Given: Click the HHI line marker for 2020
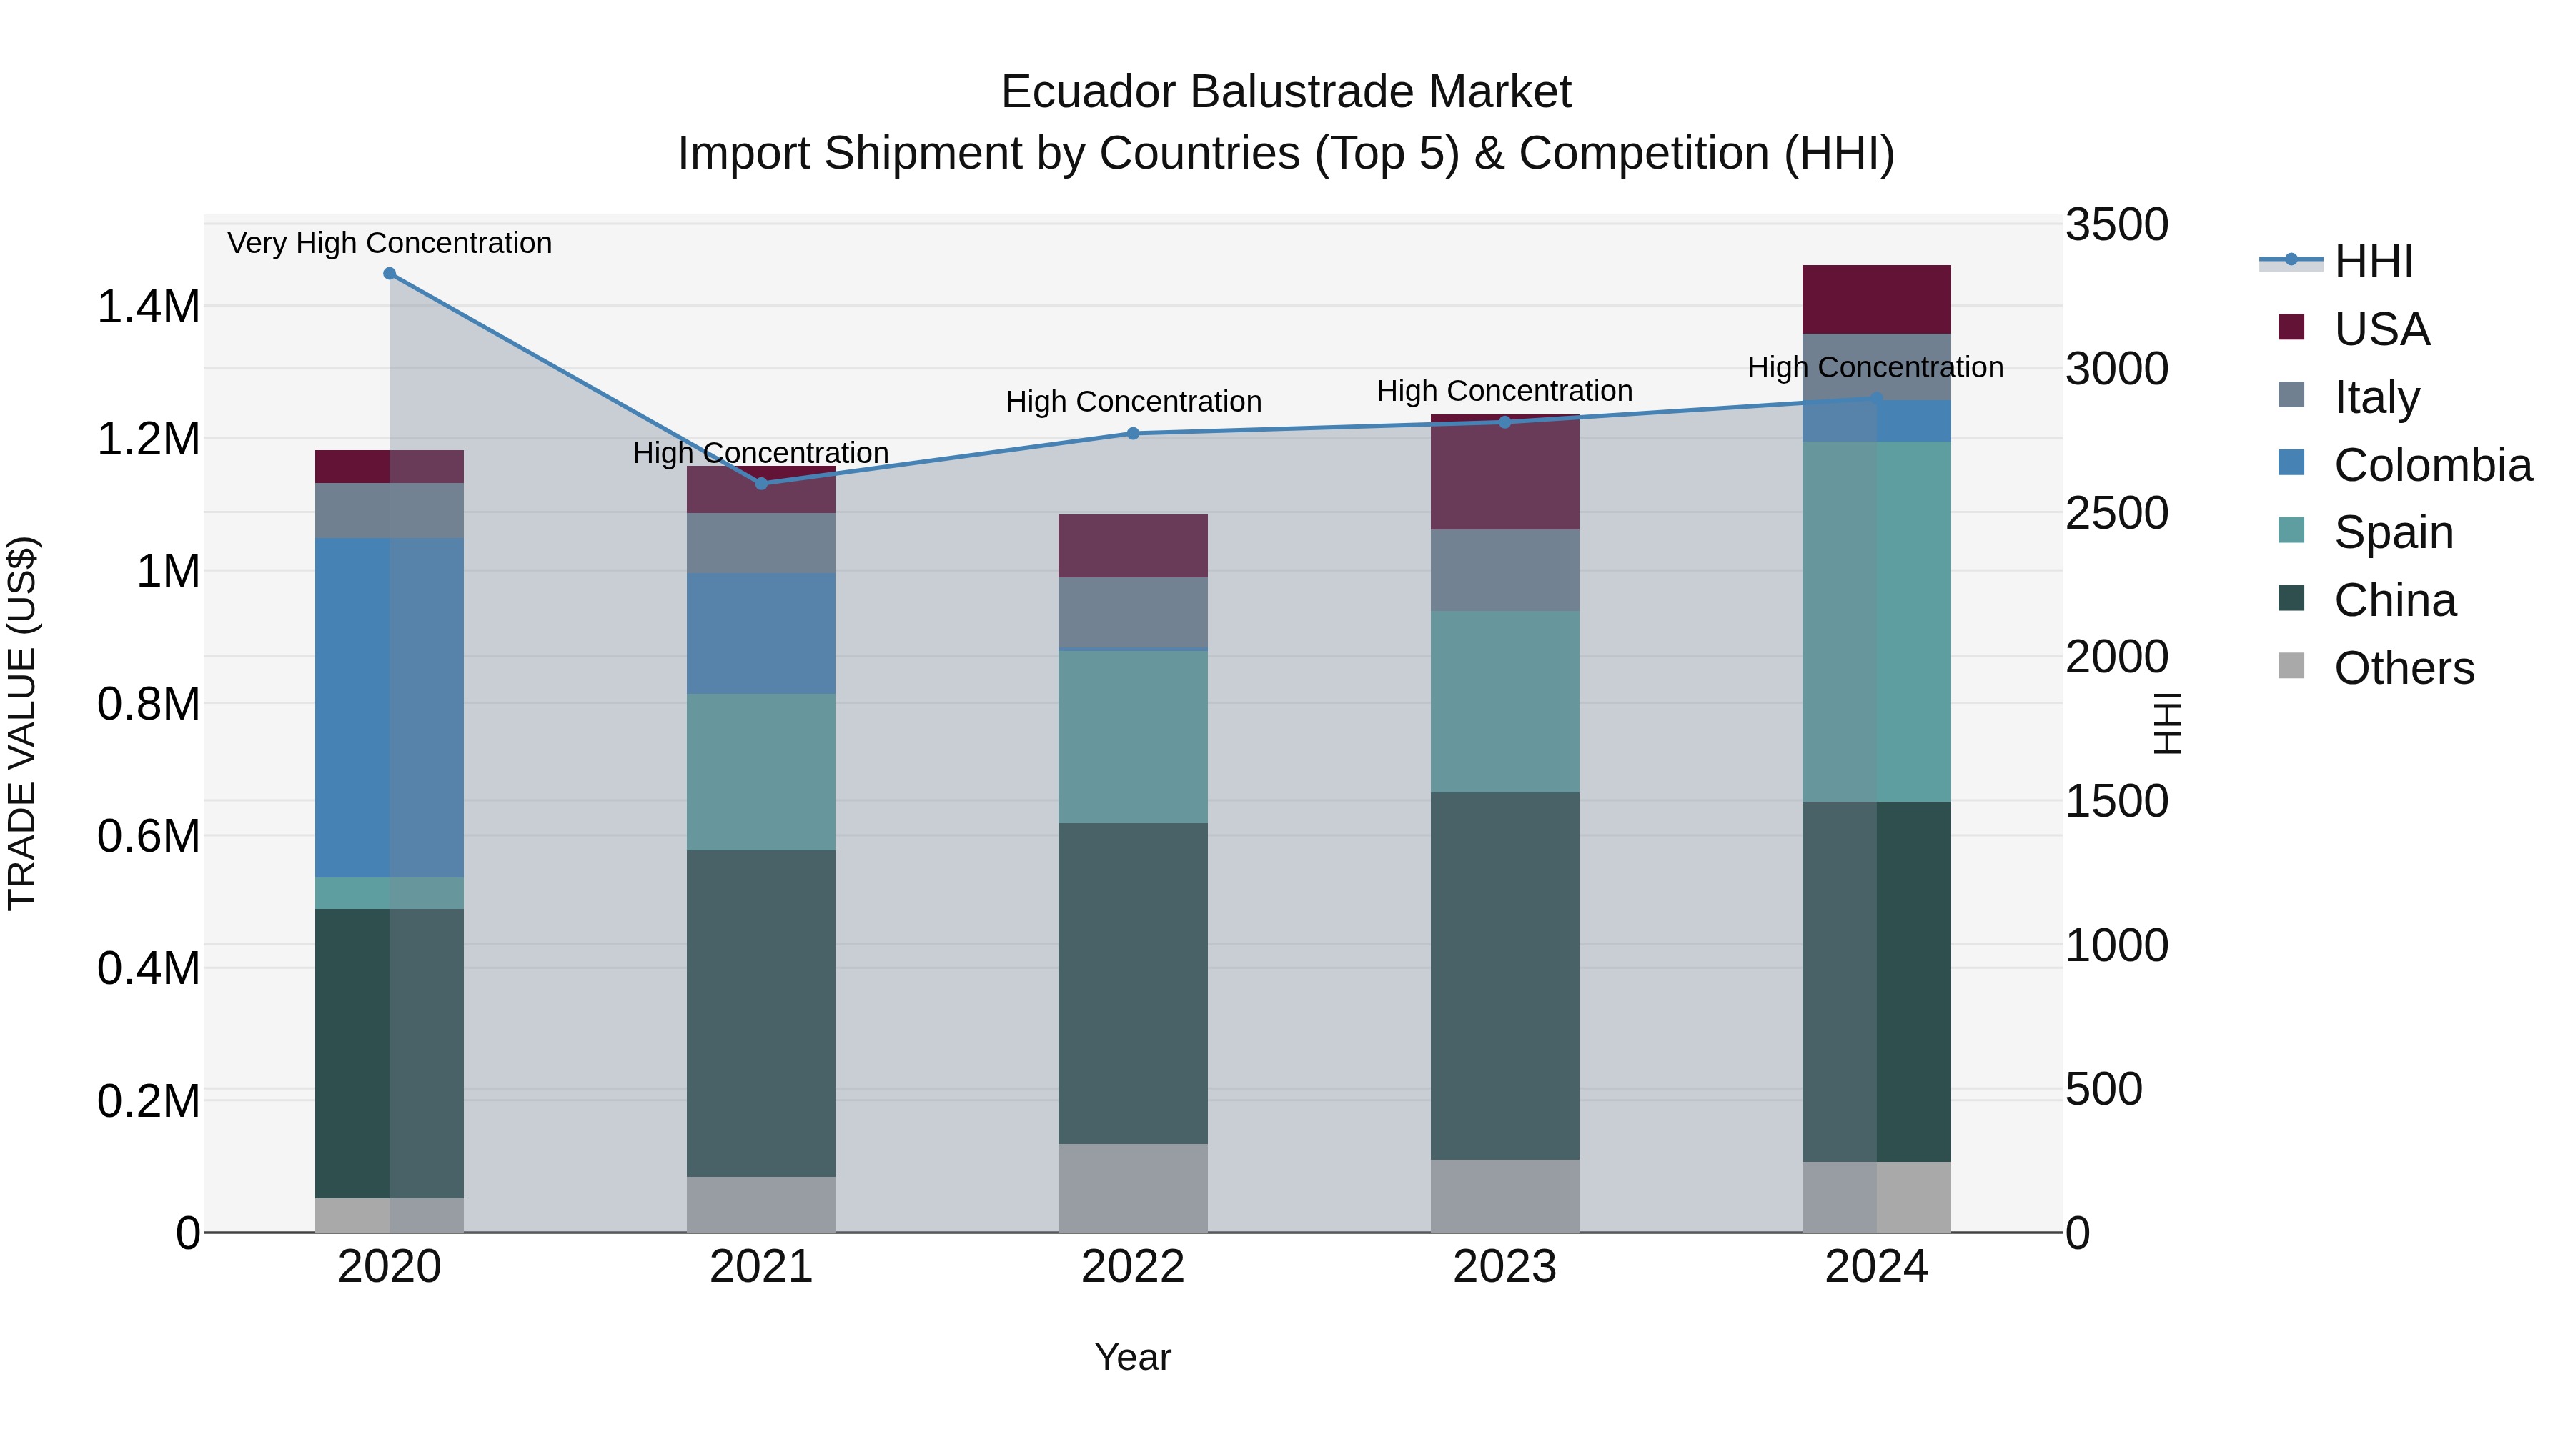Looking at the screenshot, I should pyautogui.click(x=390, y=274).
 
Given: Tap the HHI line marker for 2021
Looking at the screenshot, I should pyautogui.click(x=761, y=483).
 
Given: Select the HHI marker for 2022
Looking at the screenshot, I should pyautogui.click(x=1133, y=434).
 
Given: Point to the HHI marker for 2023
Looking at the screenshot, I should pyautogui.click(x=1505, y=422).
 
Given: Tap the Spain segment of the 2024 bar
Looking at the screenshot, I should pyautogui.click(x=1876, y=621).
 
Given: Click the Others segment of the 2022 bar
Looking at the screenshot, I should pyautogui.click(x=1133, y=1188).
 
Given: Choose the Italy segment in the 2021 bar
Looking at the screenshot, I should pyautogui.click(x=761, y=542).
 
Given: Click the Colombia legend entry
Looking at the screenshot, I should pyautogui.click(x=2432, y=465).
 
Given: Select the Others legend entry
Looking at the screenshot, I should pyautogui.click(x=2403, y=668).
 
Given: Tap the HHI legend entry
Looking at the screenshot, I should pyautogui.click(x=2373, y=262).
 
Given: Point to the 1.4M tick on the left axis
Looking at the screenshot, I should pyautogui.click(x=148, y=307).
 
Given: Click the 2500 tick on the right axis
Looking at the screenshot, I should pyautogui.click(x=2116, y=513).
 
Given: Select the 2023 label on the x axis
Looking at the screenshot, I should pyautogui.click(x=1504, y=1267).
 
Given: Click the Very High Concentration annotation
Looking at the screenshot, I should pyautogui.click(x=390, y=243).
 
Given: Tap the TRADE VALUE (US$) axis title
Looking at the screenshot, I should pyautogui.click(x=22, y=723).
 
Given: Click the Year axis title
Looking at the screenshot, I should pyautogui.click(x=1133, y=1357).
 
